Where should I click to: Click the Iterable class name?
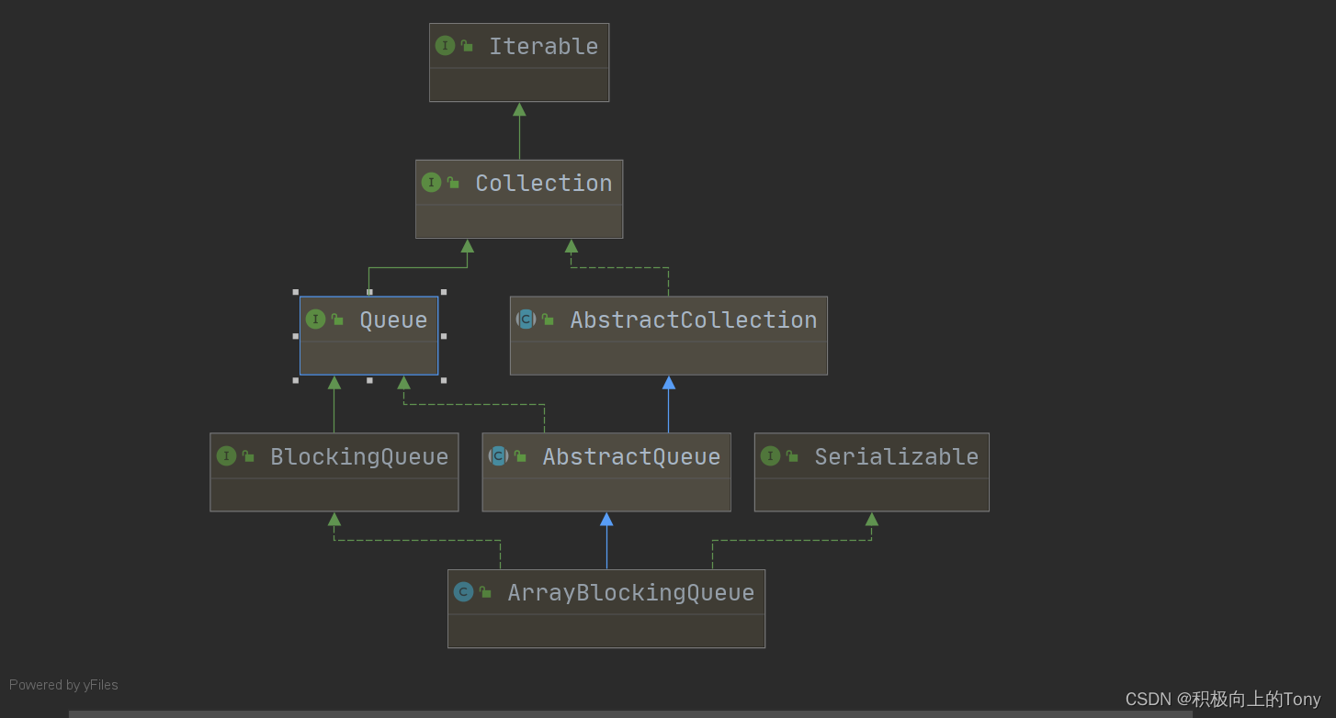pyautogui.click(x=543, y=46)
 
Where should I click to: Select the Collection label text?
pyautogui.click(x=543, y=183)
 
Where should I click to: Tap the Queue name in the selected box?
pyautogui.click(x=393, y=320)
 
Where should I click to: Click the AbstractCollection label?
pyautogui.click(x=693, y=320)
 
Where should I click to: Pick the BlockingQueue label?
pyautogui.click(x=359, y=456)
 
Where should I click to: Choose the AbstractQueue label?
pyautogui.click(x=631, y=456)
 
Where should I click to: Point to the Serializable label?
pyautogui.click(x=896, y=456)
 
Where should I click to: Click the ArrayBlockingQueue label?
pyautogui.click(x=630, y=592)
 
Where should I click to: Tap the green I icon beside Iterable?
pyautogui.click(x=445, y=45)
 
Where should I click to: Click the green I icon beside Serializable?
pyautogui.click(x=770, y=455)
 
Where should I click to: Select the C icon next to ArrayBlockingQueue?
pyautogui.click(x=463, y=591)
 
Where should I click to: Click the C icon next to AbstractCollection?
pyautogui.click(x=526, y=319)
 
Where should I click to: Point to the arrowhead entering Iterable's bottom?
pyautogui.click(x=519, y=109)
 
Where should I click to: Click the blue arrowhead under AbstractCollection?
pyautogui.click(x=669, y=382)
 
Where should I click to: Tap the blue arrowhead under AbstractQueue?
pyautogui.click(x=606, y=519)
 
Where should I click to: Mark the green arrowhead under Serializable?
pyautogui.click(x=872, y=519)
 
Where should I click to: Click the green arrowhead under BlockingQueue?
pyautogui.click(x=334, y=519)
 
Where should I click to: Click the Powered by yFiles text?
pyautogui.click(x=63, y=685)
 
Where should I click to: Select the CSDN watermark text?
pyautogui.click(x=1222, y=699)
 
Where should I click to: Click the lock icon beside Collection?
pyautogui.click(x=453, y=182)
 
